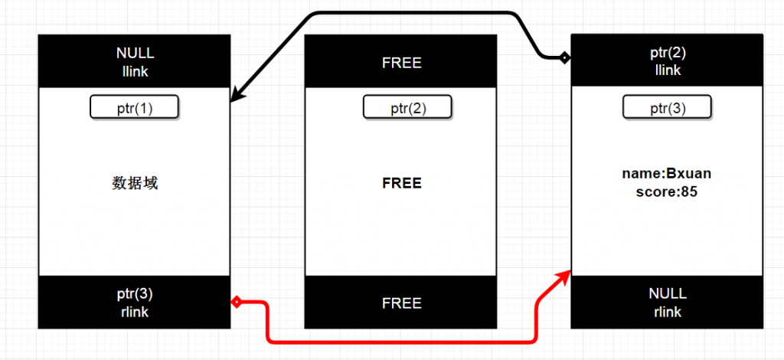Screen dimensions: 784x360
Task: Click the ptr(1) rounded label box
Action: point(134,107)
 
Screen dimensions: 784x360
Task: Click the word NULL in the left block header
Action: point(135,54)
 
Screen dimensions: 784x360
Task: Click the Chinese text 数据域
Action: point(135,183)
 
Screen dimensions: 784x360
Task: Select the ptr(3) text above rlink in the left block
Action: point(135,295)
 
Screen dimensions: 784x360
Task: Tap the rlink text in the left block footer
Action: point(135,312)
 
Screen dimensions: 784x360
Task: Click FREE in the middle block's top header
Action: point(401,63)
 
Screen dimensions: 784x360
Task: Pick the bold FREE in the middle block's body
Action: point(401,184)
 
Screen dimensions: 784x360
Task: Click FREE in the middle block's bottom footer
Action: point(401,303)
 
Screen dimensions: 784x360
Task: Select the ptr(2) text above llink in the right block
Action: point(668,54)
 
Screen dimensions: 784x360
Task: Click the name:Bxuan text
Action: point(667,175)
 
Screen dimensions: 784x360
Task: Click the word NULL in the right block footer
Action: point(668,294)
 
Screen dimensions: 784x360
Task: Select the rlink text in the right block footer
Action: point(668,312)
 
